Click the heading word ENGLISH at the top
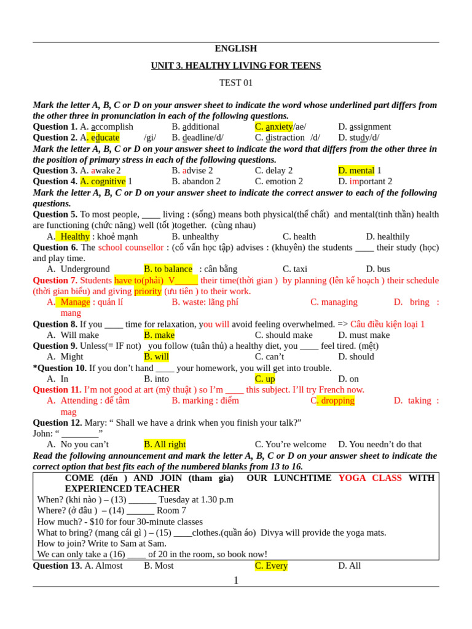pyautogui.click(x=235, y=49)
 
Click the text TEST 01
pyautogui.click(x=235, y=83)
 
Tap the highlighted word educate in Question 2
pyautogui.click(x=105, y=138)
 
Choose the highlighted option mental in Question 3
pyautogui.click(x=361, y=170)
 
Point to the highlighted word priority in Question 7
pyautogui.click(x=147, y=291)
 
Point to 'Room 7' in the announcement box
pyautogui.click(x=171, y=510)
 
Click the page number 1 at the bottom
pyautogui.click(x=235, y=580)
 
